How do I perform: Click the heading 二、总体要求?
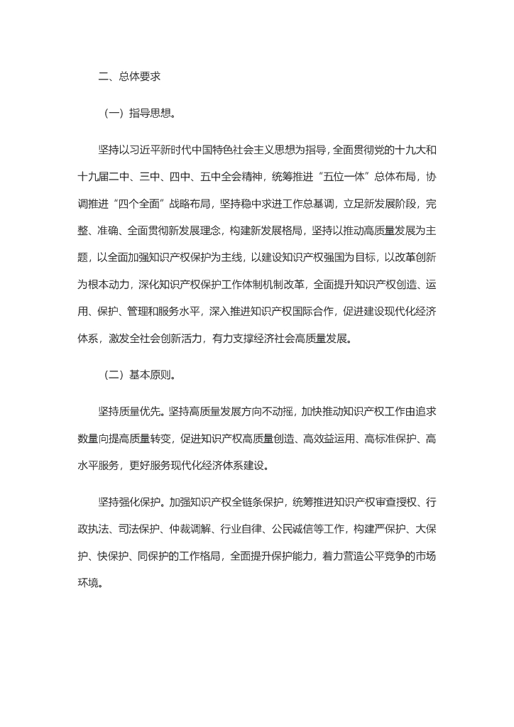[124, 76]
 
